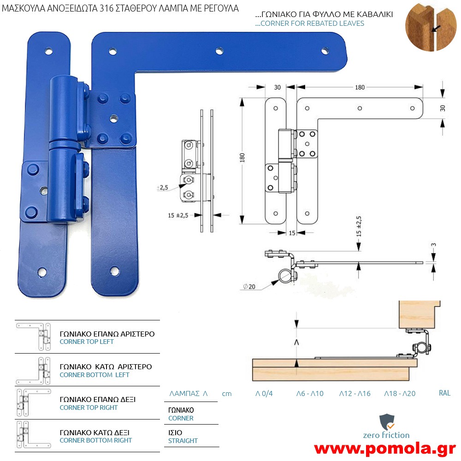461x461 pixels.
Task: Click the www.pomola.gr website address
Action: (385, 449)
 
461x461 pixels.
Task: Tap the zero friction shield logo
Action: (387, 422)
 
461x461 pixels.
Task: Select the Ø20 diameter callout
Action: (249, 286)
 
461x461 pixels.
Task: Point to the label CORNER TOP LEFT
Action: (87, 342)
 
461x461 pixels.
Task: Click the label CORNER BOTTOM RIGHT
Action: (95, 440)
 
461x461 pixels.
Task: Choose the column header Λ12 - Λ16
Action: (355, 393)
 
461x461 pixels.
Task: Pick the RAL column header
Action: (444, 393)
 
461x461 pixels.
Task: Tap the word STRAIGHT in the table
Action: (183, 441)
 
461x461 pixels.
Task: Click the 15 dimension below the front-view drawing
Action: (292, 233)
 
